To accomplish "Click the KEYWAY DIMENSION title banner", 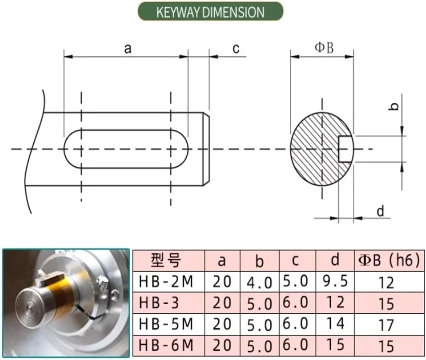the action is click(211, 11).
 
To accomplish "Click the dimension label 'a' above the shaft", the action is click(128, 49).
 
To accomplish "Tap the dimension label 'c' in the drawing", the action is click(236, 49).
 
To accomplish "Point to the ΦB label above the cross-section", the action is click(324, 48).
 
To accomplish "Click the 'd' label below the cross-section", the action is click(381, 211).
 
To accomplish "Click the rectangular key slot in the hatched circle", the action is click(345, 149).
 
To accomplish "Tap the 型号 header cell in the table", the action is click(166, 260).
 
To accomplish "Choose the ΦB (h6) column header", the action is click(389, 260).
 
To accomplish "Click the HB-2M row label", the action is click(166, 282).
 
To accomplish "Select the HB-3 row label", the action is click(159, 303).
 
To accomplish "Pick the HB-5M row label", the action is click(166, 324).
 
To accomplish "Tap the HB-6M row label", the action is click(166, 345).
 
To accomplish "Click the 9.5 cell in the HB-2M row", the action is click(335, 281).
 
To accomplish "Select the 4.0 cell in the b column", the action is click(260, 282).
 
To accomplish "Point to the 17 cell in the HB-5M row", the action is click(386, 325).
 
